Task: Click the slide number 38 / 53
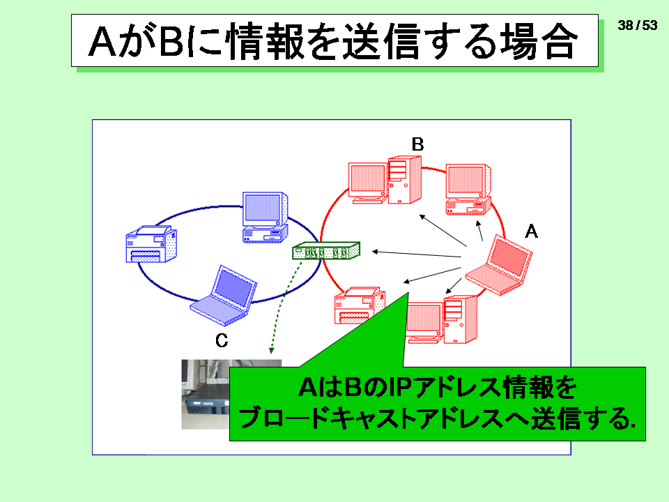[638, 25]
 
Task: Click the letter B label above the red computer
[417, 144]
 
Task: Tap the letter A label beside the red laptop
[531, 231]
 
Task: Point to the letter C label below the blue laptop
[222, 340]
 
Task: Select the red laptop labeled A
[499, 265]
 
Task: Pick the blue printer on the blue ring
[151, 244]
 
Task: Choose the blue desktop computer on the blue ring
[265, 218]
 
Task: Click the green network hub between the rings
[326, 250]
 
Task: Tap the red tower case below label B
[404, 180]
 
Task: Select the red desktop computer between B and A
[468, 189]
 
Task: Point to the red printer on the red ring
[360, 305]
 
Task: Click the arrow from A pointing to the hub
[417, 254]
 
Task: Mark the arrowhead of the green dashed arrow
[271, 351]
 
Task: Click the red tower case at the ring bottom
[460, 319]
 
